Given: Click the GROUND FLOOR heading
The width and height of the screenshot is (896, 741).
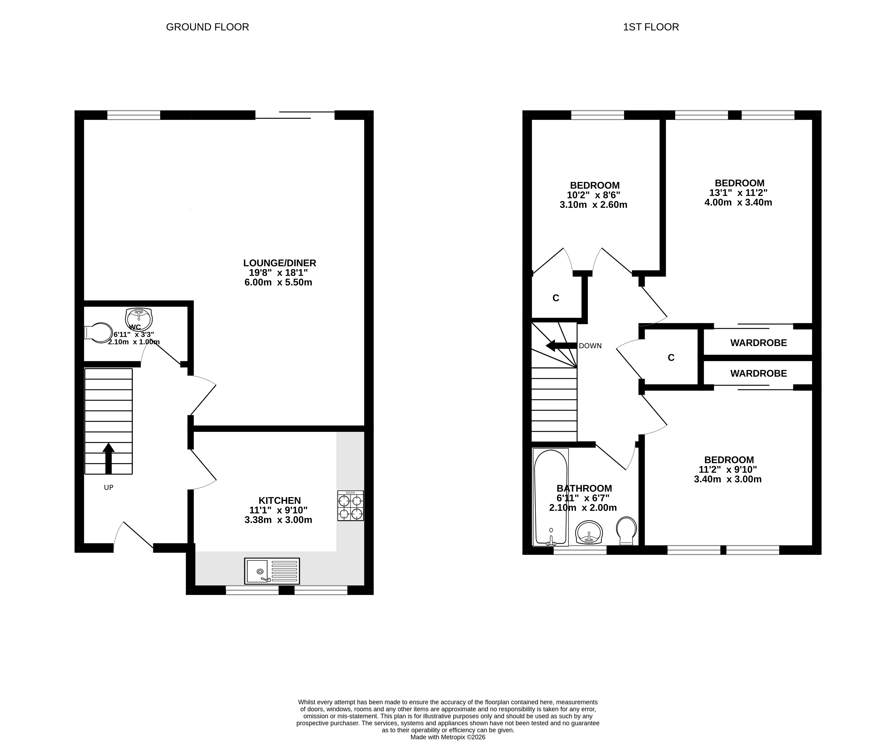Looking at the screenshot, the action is coord(207,27).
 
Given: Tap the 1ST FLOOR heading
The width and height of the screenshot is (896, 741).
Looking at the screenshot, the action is coord(651,27).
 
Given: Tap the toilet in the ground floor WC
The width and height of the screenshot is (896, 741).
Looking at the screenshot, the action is coord(98,332).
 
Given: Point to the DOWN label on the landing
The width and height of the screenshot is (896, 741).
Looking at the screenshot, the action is coord(590,346).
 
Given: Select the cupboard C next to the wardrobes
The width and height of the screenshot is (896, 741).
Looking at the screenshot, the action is coord(671,358).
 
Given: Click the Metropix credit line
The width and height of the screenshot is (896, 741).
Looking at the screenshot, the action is coord(448,737).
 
